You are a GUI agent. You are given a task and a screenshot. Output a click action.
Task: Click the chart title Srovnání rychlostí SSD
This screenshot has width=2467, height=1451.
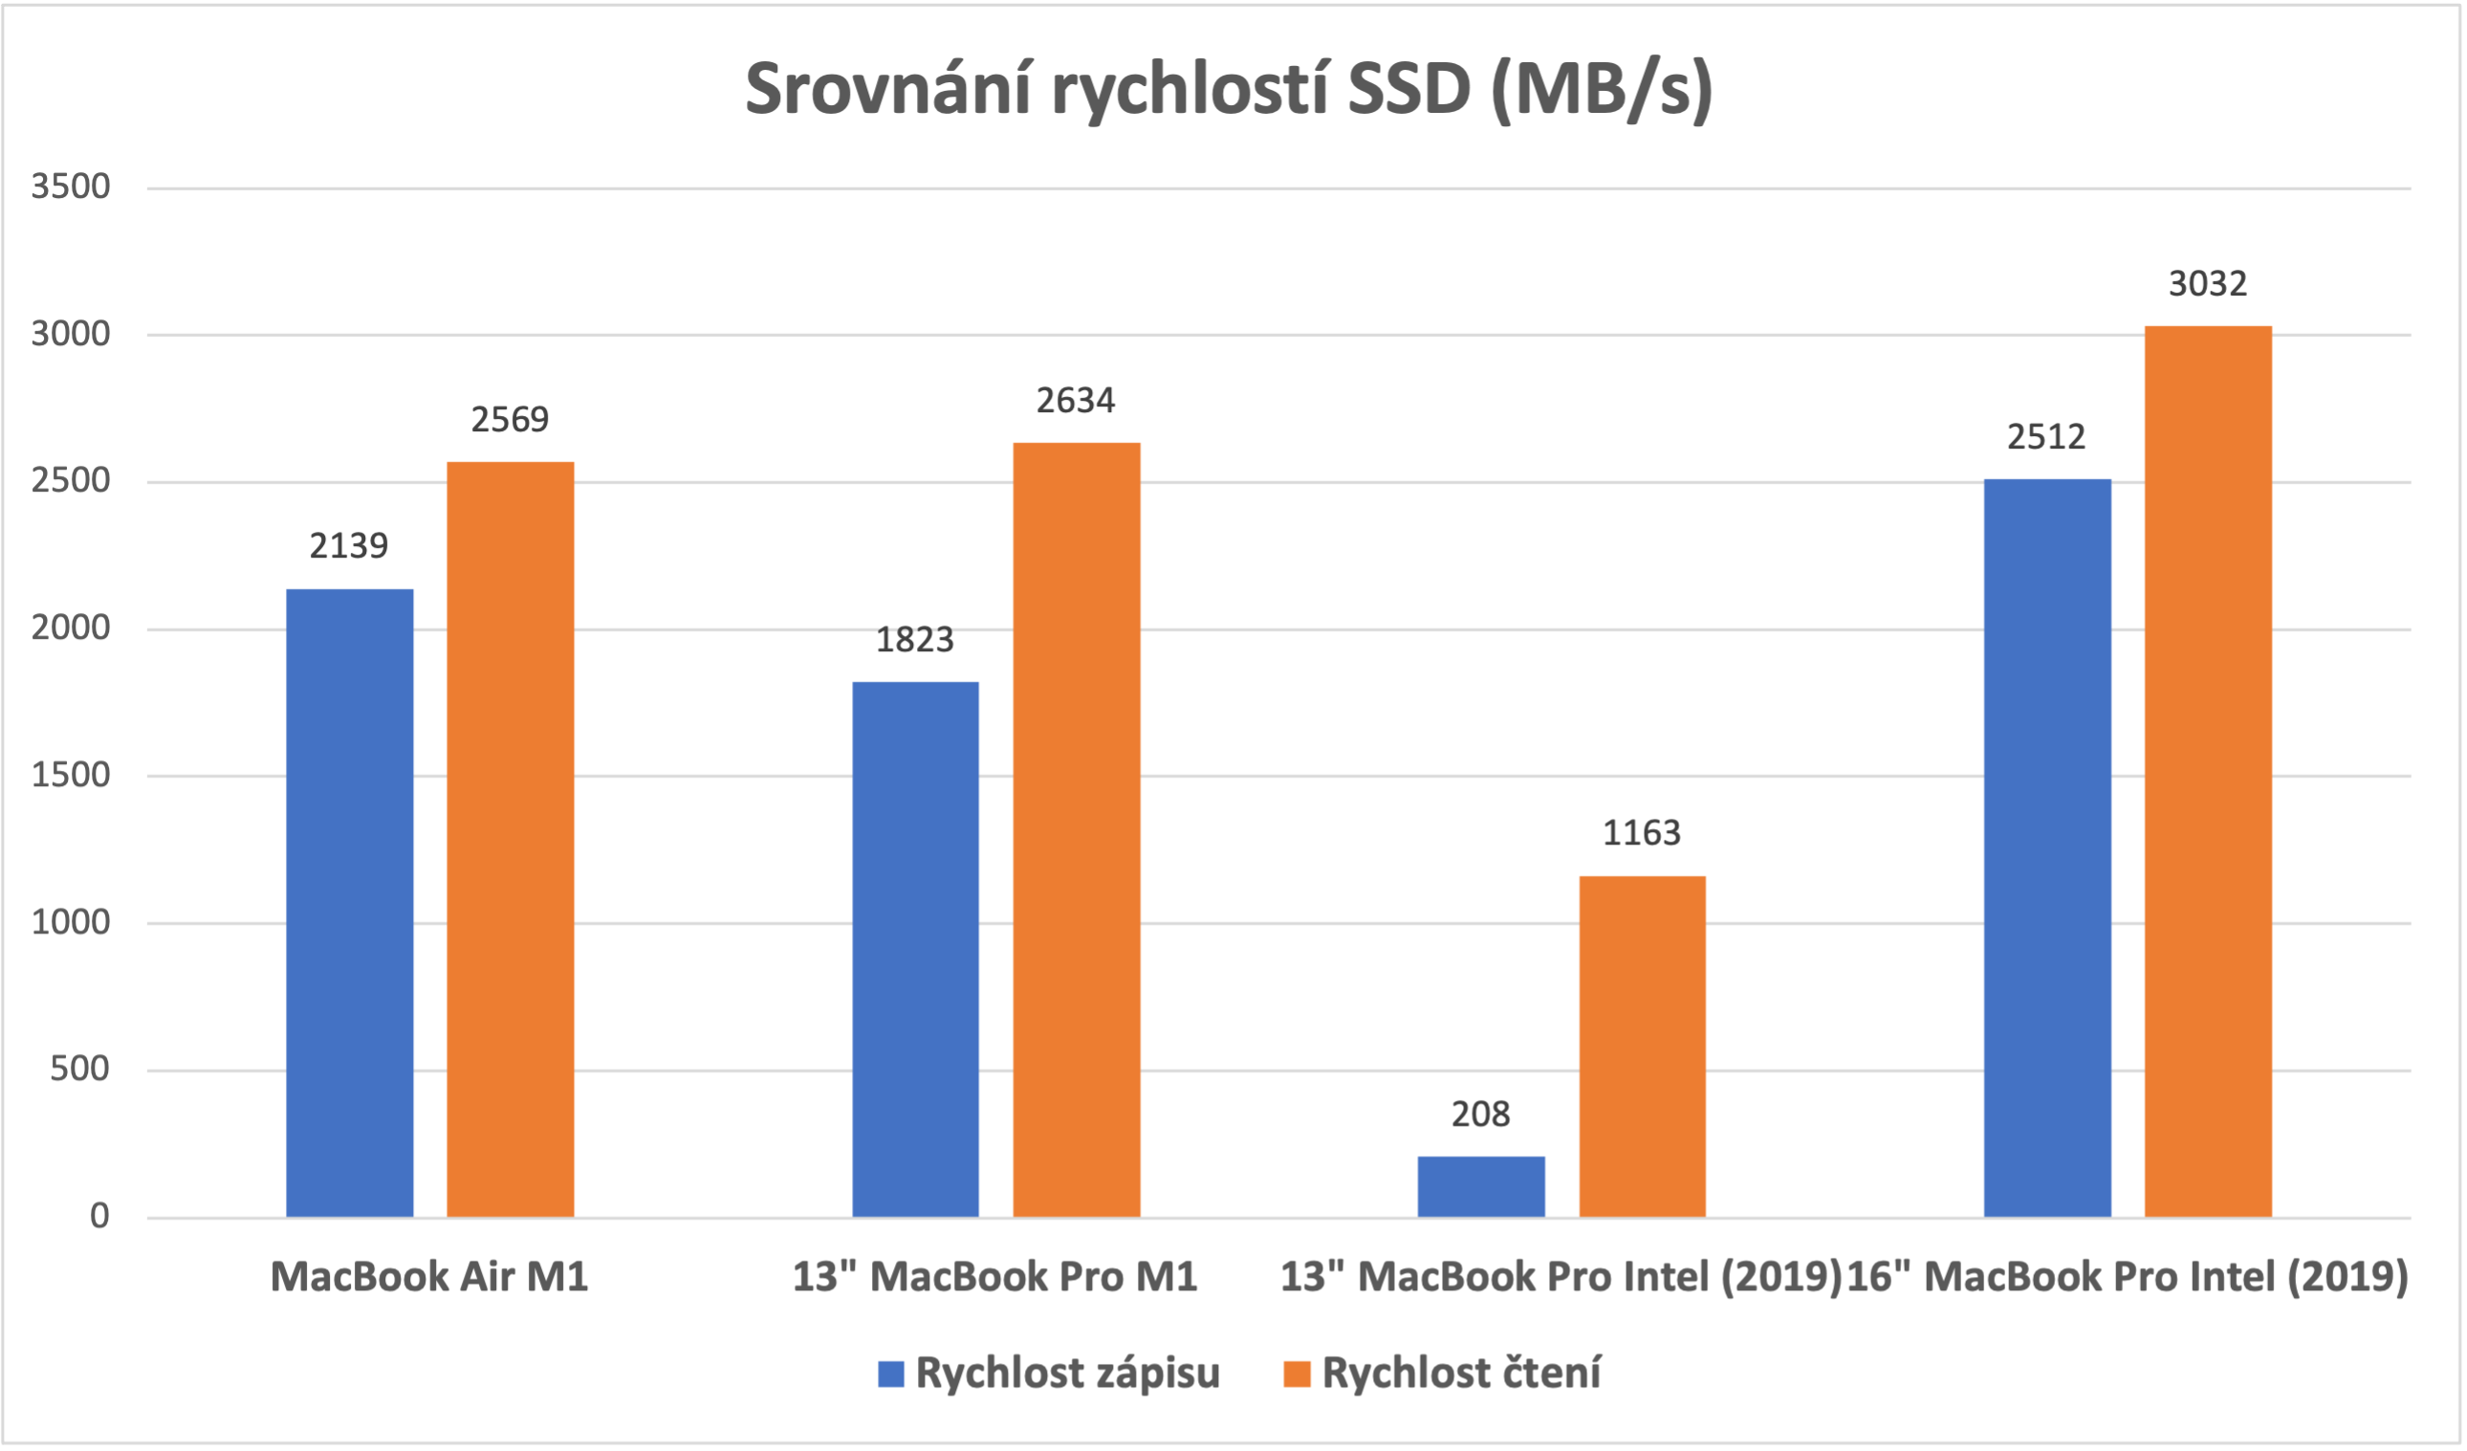(x=1229, y=90)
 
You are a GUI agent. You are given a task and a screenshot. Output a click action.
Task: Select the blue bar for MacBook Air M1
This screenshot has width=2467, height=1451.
(x=350, y=902)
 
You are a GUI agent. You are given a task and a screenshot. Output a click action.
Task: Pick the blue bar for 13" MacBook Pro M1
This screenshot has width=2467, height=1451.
(x=915, y=949)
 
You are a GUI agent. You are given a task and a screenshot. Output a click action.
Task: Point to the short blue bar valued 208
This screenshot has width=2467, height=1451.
(x=1481, y=1187)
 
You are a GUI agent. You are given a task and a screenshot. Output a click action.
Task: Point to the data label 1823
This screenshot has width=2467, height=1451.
(x=914, y=639)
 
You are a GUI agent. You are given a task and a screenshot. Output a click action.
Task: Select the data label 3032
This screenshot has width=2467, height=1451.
(x=2208, y=284)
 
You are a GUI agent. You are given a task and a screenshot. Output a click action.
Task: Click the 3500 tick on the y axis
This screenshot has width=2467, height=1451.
(x=71, y=186)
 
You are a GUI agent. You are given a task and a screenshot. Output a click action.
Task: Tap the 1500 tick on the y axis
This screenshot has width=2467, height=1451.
(x=71, y=775)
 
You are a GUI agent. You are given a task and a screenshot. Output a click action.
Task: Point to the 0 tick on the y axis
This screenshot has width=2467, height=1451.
(x=98, y=1216)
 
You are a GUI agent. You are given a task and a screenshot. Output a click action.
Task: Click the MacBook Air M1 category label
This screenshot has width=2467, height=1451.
(x=428, y=1277)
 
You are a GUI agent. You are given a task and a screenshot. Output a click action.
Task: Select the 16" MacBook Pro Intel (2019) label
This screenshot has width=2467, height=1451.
(x=2127, y=1277)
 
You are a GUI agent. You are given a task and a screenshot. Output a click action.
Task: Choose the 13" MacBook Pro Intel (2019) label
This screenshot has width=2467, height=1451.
(x=1561, y=1277)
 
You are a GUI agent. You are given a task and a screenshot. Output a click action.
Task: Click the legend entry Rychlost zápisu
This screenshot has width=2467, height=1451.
(x=1067, y=1373)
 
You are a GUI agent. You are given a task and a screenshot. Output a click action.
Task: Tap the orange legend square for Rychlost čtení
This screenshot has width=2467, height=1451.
(x=1297, y=1374)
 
